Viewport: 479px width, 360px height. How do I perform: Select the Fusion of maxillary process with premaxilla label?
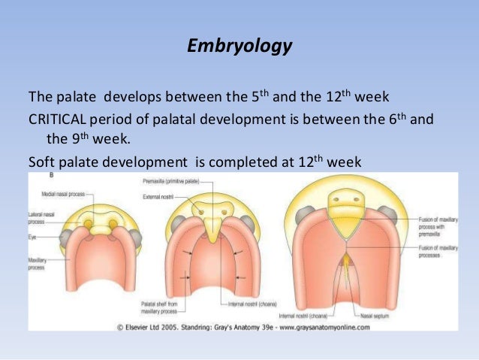pos(439,223)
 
